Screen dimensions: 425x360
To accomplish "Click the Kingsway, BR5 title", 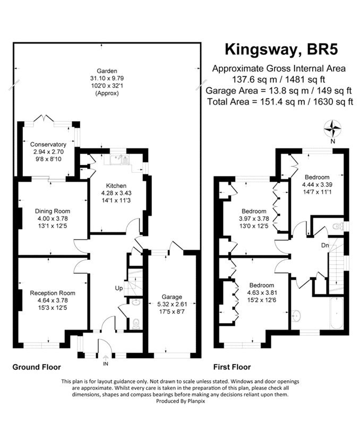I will click(x=281, y=49).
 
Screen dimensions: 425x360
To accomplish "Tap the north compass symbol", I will click(x=332, y=129).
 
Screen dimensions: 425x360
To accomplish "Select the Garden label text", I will click(x=107, y=71).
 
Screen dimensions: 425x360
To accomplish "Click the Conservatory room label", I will click(x=48, y=144).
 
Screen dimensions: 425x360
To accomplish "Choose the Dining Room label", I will click(x=52, y=210).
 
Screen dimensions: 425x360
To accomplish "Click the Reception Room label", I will click(x=52, y=293).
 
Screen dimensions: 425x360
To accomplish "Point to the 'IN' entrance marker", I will click(x=105, y=363).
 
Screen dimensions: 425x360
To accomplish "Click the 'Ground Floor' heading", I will click(x=36, y=367).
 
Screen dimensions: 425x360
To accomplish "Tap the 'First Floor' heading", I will click(x=232, y=367).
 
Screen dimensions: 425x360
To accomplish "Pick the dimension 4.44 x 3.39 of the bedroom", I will click(x=317, y=184).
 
